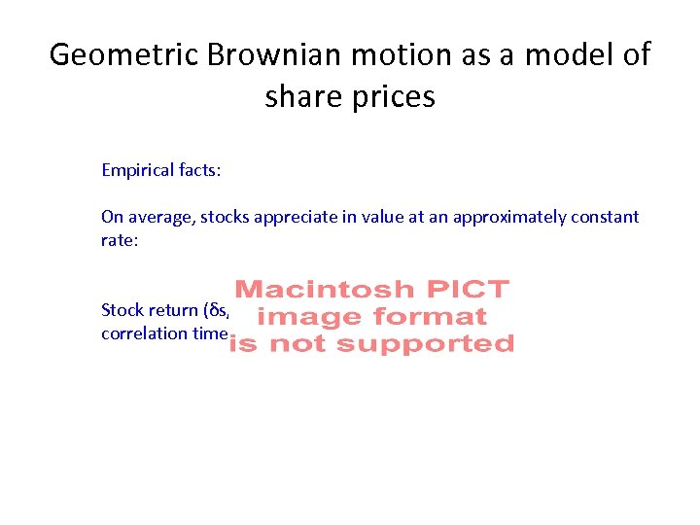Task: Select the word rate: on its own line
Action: click(x=120, y=240)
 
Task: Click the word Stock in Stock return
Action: click(x=122, y=310)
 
